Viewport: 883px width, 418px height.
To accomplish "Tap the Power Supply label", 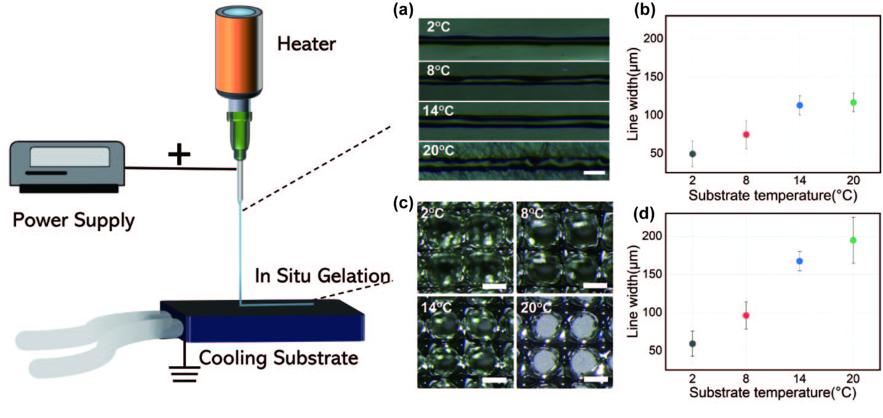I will [72, 220].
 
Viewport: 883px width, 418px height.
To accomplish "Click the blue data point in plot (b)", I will [799, 105].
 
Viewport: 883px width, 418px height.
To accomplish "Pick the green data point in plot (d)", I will [853, 240].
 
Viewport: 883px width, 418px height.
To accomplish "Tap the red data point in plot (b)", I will [746, 135].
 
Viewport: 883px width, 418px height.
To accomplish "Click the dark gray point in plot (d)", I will [692, 344].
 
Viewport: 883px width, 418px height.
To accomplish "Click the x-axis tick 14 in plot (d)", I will [799, 379].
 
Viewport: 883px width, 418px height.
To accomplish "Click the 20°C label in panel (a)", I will [439, 150].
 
